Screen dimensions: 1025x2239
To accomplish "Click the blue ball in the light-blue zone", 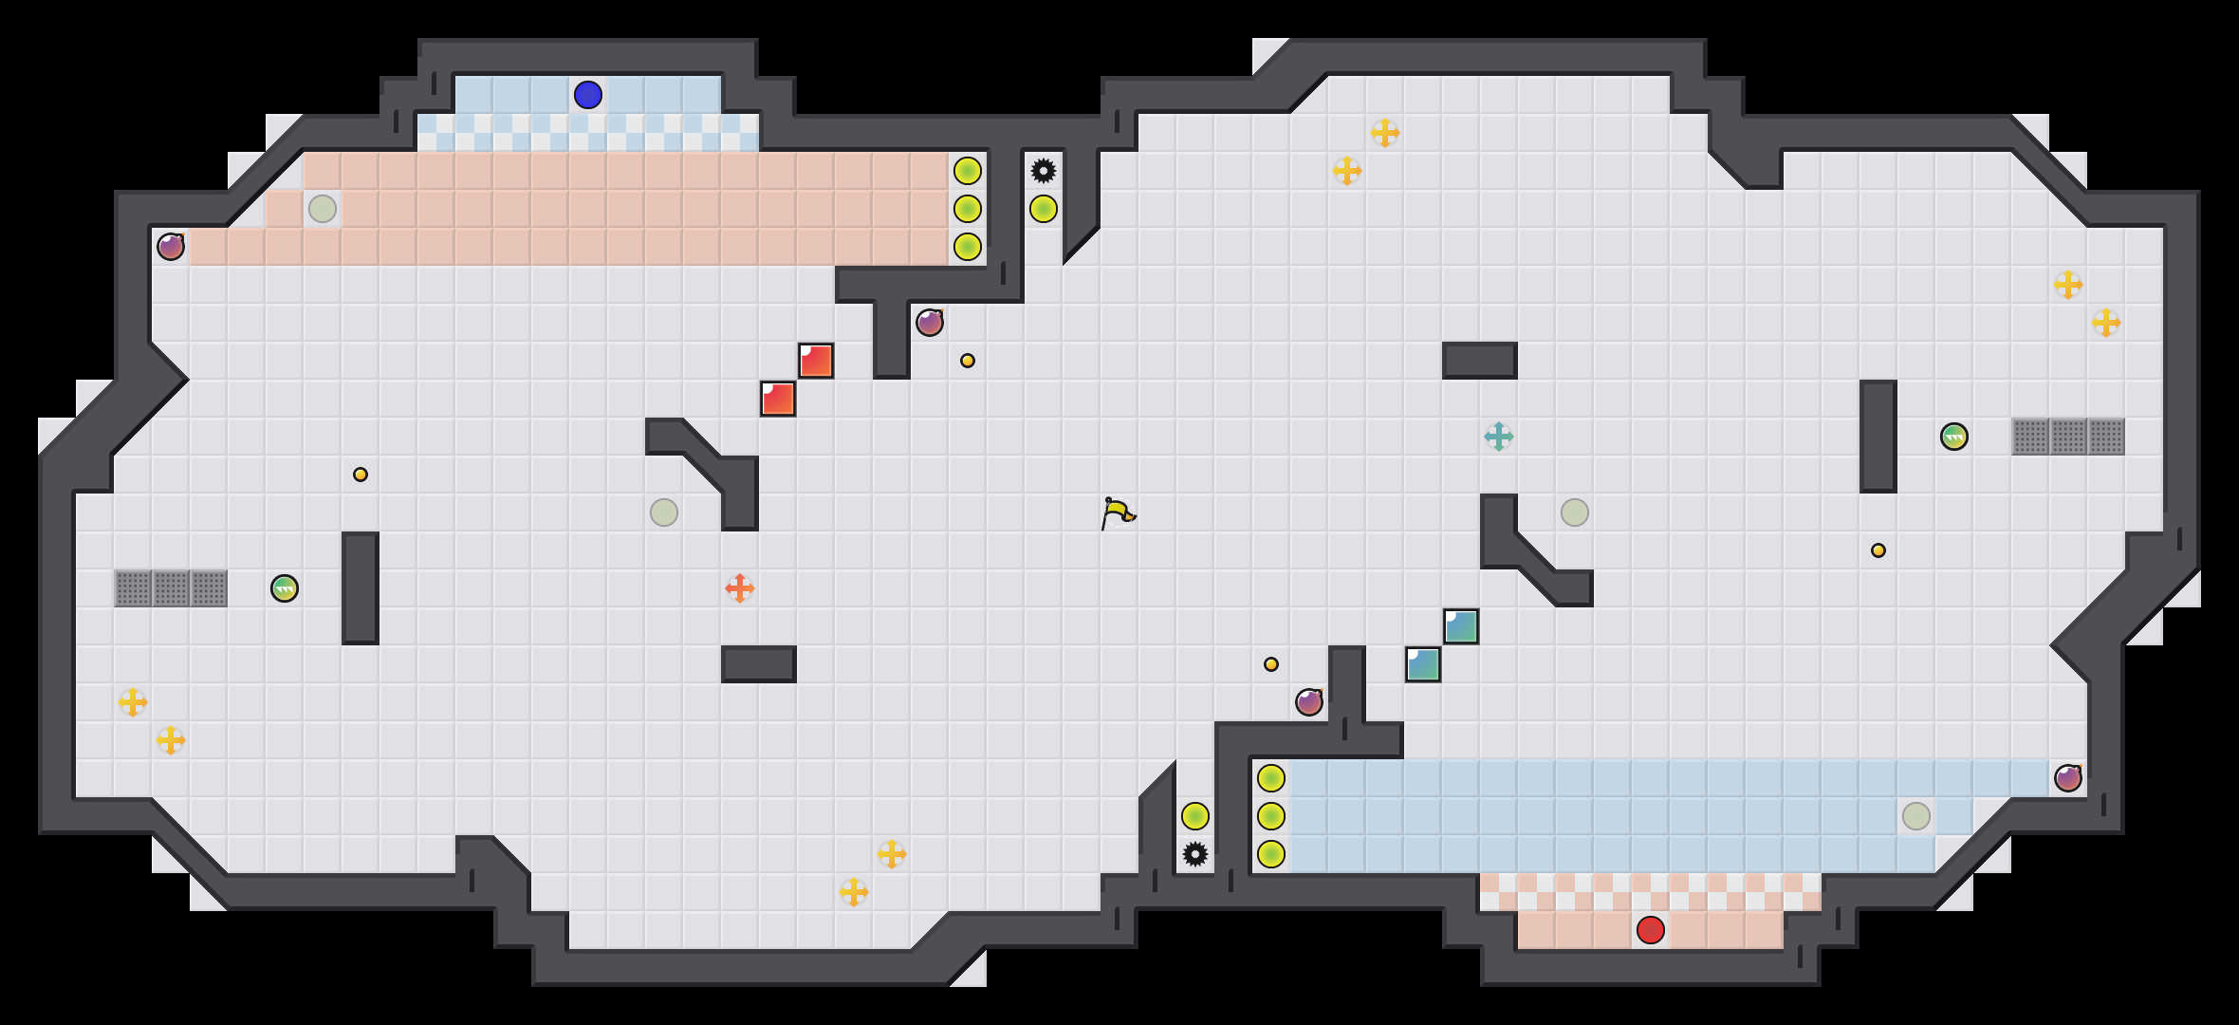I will tap(587, 95).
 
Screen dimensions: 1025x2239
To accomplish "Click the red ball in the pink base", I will tap(1650, 930).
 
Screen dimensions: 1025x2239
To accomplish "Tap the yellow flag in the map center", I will tap(1118, 512).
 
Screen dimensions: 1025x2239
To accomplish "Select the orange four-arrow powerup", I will tap(739, 588).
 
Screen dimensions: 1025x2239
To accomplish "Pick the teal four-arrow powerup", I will tap(1498, 437).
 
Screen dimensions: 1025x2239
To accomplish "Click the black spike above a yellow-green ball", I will tap(1043, 171).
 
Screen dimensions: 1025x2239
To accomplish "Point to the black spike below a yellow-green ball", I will tap(1194, 854).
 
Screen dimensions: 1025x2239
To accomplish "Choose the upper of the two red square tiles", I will tap(815, 361).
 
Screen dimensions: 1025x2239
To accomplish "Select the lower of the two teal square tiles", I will tap(1422, 664).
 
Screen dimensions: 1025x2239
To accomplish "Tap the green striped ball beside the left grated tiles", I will tap(284, 588).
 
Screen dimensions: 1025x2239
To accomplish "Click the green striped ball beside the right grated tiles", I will tap(1953, 437).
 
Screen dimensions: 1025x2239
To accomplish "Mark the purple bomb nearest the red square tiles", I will tap(929, 323).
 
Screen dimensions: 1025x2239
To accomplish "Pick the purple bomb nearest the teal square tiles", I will tap(1308, 702).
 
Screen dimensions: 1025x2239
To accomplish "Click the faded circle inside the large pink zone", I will tap(322, 209).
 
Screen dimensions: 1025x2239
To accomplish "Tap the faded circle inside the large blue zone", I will tap(1915, 816).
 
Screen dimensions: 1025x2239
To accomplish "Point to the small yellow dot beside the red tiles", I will tap(967, 361).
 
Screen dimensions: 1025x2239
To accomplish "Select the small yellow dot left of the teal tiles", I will tap(1270, 664).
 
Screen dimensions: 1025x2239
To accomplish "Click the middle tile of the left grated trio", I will tap(171, 588).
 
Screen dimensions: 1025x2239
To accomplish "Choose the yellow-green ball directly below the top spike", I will tap(1043, 209).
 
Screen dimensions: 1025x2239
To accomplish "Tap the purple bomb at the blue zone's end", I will tap(2067, 778).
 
